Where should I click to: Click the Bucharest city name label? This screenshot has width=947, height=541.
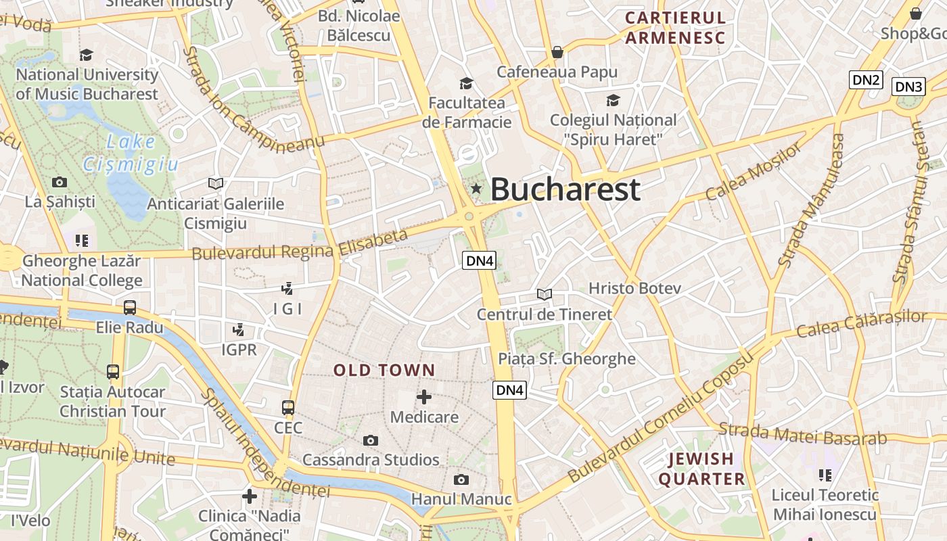[565, 189]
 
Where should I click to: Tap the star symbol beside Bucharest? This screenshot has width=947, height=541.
[476, 189]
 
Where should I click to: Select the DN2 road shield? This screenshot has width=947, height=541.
[867, 80]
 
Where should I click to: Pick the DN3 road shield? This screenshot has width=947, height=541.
[908, 87]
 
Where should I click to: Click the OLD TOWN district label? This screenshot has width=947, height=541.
[384, 370]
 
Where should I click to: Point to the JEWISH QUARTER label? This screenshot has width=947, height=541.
[701, 469]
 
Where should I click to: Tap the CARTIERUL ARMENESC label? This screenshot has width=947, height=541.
[675, 28]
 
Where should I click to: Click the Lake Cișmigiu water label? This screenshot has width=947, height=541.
[131, 154]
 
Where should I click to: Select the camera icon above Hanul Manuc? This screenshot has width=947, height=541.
[461, 479]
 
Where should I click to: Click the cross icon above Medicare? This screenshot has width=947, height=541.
[424, 396]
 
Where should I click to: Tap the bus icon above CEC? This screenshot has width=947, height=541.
[288, 407]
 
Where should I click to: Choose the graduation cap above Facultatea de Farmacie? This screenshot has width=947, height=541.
[466, 83]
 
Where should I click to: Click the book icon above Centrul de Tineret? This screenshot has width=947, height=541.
[545, 294]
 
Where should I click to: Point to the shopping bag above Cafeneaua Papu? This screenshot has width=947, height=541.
[557, 52]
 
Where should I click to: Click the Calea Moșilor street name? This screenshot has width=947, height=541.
[753, 172]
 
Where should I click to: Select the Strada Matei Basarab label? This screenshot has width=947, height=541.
[802, 433]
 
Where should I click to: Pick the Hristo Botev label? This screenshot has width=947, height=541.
[634, 288]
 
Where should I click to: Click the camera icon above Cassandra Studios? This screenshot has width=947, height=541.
[370, 440]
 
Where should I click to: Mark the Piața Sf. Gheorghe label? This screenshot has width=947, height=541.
[567, 358]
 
